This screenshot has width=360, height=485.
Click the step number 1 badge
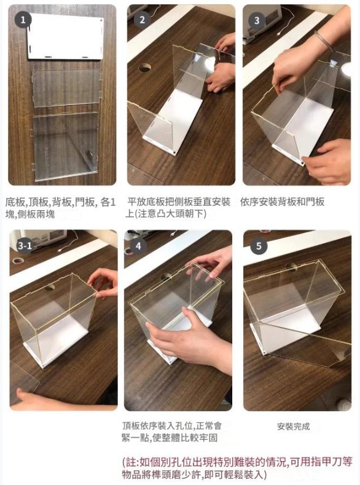tap(23, 20)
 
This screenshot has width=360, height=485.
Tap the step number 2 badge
tap(142, 20)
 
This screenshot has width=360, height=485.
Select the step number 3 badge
tap(257, 20)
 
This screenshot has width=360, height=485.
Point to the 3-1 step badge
tap(25, 246)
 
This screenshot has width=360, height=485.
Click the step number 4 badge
tap(138, 246)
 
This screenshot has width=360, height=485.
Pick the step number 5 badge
tap(259, 246)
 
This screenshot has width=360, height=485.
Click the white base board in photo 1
tap(65, 36)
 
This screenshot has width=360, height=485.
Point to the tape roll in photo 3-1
tap(18, 260)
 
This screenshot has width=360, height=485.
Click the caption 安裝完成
tap(293, 427)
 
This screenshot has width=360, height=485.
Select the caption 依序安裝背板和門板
tap(282, 202)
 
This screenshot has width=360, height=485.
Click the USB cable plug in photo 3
tap(280, 33)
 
